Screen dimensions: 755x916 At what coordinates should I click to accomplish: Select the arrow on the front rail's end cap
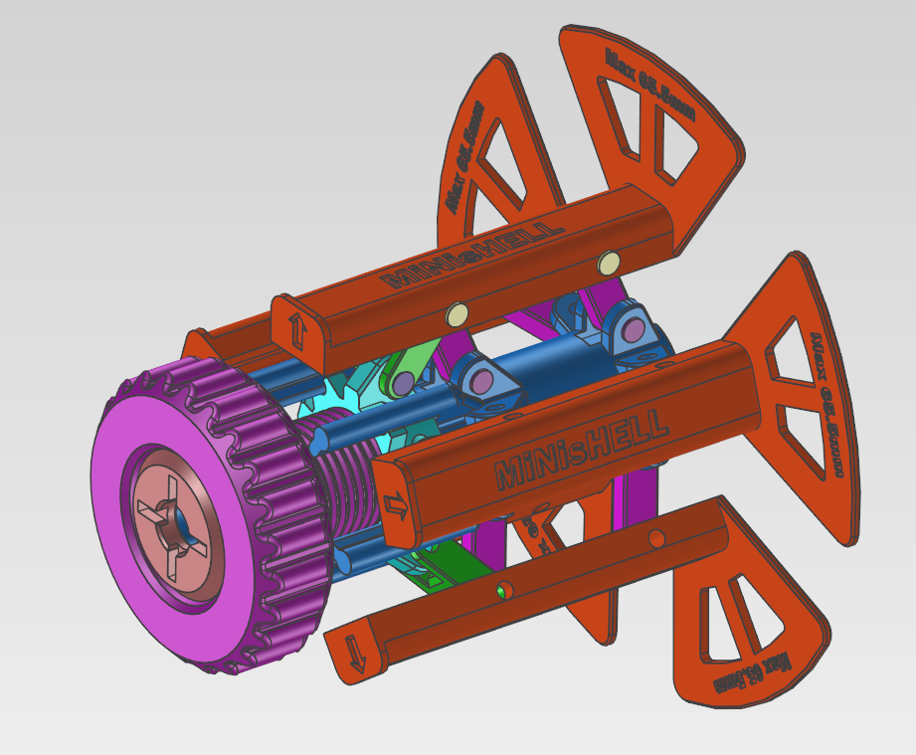coord(395,504)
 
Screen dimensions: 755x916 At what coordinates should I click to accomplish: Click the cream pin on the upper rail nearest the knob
coord(457,315)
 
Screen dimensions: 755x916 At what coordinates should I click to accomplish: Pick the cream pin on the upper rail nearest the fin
coord(608,263)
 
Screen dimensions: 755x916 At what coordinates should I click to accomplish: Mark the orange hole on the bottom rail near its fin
coord(655,538)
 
